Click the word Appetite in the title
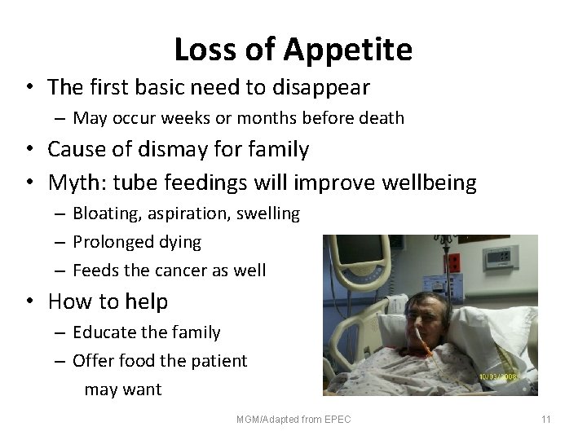pyautogui.click(x=348, y=51)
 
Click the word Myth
pyautogui.click(x=76, y=182)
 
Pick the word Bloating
pyautogui.click(x=106, y=214)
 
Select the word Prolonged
pyautogui.click(x=115, y=242)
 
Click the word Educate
pyautogui.click(x=104, y=332)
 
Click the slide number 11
pyautogui.click(x=546, y=420)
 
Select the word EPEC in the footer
pyautogui.click(x=337, y=420)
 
